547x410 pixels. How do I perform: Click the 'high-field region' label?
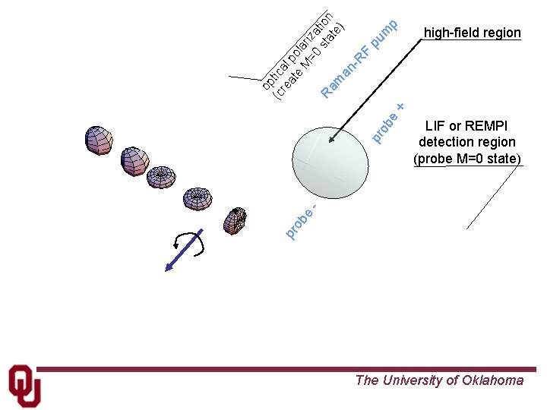click(472, 33)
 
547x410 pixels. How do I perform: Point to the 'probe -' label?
click(302, 220)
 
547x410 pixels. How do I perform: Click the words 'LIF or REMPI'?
click(466, 126)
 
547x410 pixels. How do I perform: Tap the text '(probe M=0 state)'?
click(466, 158)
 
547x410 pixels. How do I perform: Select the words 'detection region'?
click(466, 142)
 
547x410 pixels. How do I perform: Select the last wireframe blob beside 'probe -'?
click(235, 220)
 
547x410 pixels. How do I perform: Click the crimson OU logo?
click(24, 385)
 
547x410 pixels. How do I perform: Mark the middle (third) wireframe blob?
click(161, 177)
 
